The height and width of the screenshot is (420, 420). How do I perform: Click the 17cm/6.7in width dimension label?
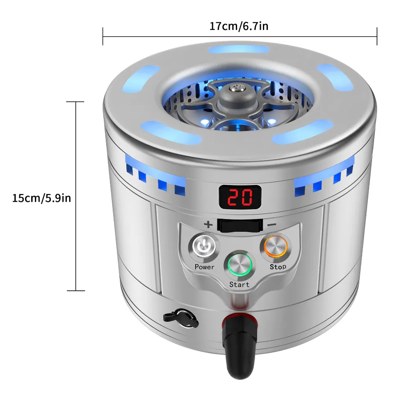click(239, 26)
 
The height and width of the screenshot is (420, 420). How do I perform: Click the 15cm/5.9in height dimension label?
click(41, 198)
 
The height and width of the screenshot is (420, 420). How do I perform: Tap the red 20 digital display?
click(240, 197)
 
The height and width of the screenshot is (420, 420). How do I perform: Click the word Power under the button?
click(204, 267)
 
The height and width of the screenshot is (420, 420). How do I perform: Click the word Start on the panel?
click(239, 284)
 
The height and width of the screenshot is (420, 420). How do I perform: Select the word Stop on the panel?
click(278, 267)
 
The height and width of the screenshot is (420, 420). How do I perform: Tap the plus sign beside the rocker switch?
click(208, 224)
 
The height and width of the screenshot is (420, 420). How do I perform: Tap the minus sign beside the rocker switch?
click(272, 224)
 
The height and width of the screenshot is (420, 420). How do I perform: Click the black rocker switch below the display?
click(240, 226)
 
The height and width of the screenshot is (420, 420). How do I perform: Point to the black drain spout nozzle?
click(239, 348)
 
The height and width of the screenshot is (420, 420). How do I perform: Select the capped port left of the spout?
click(181, 318)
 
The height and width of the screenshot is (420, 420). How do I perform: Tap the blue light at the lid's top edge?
click(239, 50)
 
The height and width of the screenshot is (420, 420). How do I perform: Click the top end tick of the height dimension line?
click(75, 102)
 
